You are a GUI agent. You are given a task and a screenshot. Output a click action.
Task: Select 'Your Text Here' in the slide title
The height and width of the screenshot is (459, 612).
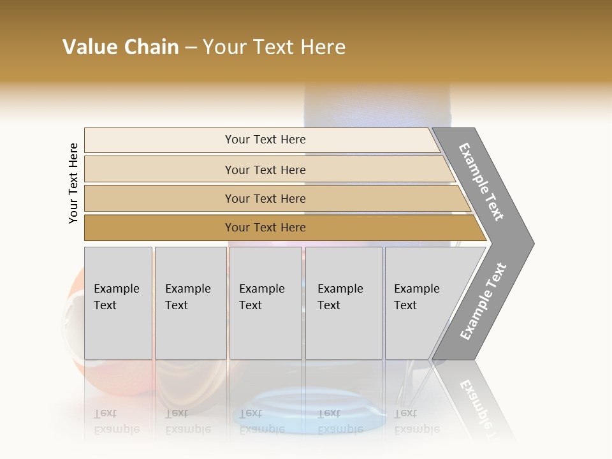click(274, 47)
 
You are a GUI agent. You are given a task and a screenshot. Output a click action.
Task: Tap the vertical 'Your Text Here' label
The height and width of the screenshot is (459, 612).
click(73, 184)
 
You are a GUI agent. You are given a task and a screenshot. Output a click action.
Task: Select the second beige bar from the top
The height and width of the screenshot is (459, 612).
click(265, 170)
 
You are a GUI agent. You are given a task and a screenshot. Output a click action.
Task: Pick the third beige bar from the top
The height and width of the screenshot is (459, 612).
click(265, 198)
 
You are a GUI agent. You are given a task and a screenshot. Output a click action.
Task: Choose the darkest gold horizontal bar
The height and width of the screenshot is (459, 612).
click(265, 228)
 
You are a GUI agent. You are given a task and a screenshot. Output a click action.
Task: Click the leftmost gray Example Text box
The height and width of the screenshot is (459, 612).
click(118, 303)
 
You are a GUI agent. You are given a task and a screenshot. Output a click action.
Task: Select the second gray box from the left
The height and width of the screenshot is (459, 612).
click(190, 303)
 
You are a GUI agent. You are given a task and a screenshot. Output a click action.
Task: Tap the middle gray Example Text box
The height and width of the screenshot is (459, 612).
click(265, 303)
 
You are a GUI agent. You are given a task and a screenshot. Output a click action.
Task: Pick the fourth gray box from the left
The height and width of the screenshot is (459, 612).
click(343, 303)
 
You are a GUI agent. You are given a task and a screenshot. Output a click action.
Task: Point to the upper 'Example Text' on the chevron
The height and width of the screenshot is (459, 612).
click(481, 182)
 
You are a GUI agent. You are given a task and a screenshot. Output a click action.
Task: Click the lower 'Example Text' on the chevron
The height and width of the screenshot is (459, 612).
click(483, 301)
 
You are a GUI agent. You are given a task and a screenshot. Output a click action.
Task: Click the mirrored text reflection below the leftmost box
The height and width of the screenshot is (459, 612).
click(116, 421)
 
